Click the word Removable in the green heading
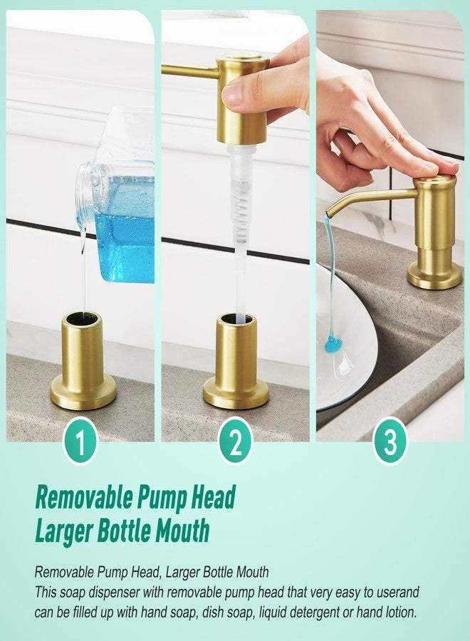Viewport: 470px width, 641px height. pos(85,497)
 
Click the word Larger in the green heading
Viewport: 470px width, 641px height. pos(67,531)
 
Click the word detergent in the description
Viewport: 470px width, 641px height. pos(310,612)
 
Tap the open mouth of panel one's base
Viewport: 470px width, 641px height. pos(83,318)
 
